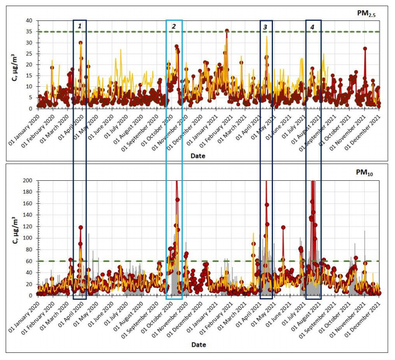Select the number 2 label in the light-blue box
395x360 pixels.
point(174,26)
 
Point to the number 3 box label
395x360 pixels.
point(265,27)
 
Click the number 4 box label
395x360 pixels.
point(312,26)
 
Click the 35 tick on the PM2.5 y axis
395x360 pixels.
point(29,32)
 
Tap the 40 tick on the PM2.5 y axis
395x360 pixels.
point(29,21)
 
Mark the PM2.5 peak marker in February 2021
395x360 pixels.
point(227,31)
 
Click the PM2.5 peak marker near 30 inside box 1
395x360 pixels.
point(81,43)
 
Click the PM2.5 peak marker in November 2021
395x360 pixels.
point(365,49)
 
